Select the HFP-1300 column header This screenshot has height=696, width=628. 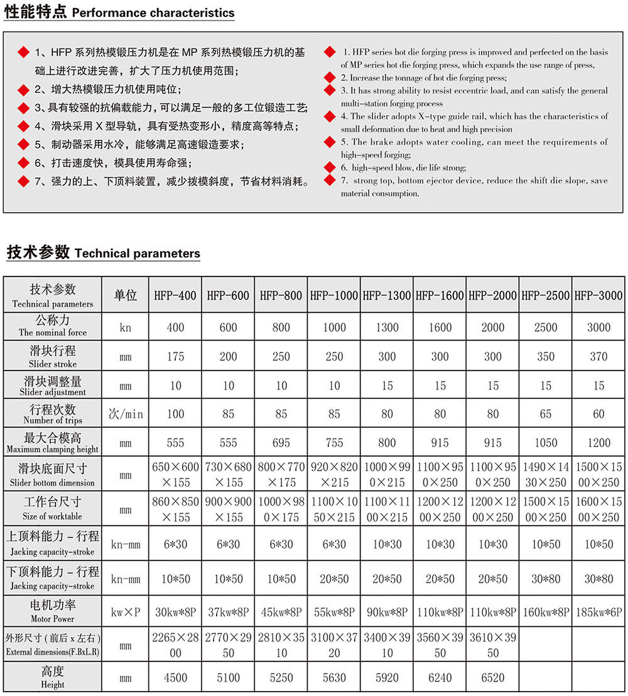[387, 295]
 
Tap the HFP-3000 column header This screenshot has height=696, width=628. [598, 295]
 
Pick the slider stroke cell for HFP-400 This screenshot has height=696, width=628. [175, 357]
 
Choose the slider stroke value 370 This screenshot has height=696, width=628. [598, 357]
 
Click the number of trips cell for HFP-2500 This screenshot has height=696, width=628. [546, 414]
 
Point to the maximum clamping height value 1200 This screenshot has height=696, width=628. [598, 443]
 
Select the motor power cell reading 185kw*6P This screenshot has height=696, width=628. [598, 611]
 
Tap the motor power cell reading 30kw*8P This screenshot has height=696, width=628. [175, 611]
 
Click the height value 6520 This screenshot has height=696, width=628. [493, 678]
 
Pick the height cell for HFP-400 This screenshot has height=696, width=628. [175, 678]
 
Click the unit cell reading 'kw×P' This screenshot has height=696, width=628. [126, 611]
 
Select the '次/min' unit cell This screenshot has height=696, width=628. [126, 414]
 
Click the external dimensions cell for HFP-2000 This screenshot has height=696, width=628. [493, 644]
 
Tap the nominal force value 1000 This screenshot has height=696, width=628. [334, 327]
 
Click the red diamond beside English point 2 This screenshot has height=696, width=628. [330, 77]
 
